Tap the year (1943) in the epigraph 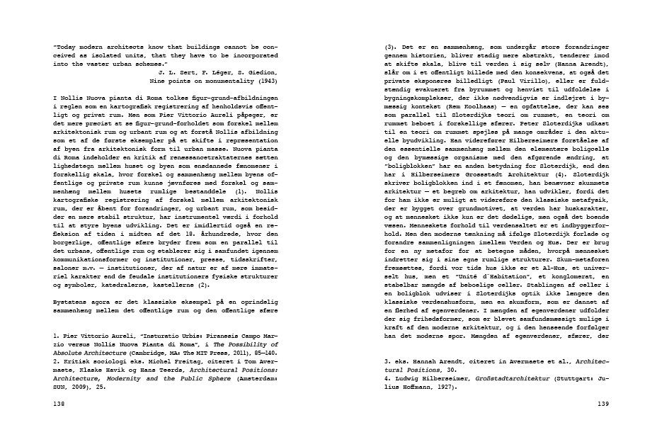[x=265, y=81]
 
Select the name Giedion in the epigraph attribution [x=263, y=72]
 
